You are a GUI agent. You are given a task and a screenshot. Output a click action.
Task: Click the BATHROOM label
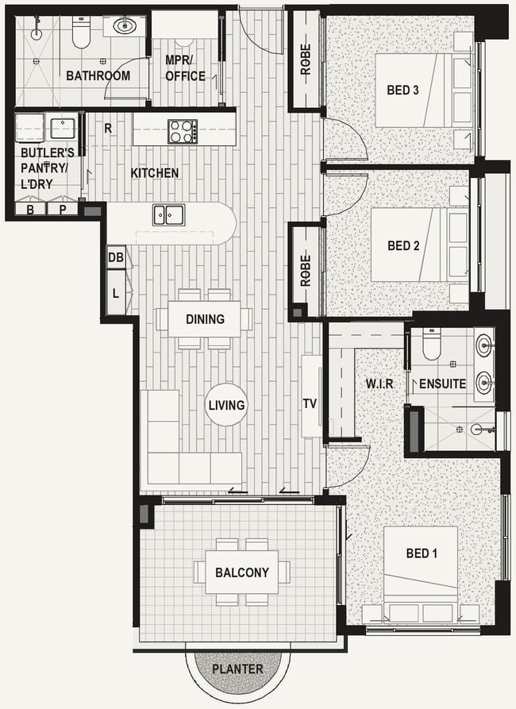click(x=98, y=75)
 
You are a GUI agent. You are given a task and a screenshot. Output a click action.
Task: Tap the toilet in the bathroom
click(x=81, y=32)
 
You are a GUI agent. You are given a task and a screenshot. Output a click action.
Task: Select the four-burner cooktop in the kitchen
click(x=183, y=132)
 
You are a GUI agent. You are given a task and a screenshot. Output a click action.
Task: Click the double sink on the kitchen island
click(x=168, y=214)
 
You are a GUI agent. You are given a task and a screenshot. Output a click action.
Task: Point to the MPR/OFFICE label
click(x=185, y=68)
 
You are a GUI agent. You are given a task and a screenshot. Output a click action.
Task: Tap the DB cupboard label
click(x=116, y=257)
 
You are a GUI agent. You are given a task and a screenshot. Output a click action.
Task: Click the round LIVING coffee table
click(x=226, y=405)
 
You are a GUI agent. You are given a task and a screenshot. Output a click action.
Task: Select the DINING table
click(x=204, y=319)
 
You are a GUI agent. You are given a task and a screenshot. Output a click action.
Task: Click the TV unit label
click(x=310, y=404)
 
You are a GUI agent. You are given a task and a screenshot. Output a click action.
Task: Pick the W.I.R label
click(x=379, y=384)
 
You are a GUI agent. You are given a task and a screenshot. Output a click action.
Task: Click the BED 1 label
click(x=422, y=553)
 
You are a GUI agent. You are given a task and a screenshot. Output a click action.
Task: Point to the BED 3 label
click(x=402, y=90)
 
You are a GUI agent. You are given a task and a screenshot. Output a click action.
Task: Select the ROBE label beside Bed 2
click(x=306, y=271)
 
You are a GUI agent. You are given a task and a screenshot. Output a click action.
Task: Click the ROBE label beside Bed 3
click(x=306, y=60)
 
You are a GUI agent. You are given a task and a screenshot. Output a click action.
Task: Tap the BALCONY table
click(x=242, y=572)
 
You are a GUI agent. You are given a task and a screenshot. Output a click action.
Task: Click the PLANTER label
click(x=237, y=669)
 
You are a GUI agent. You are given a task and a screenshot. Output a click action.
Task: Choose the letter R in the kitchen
click(x=108, y=129)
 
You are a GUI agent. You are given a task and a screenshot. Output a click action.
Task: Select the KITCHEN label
click(x=155, y=173)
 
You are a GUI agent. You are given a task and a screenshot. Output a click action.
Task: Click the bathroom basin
click(x=123, y=25)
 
